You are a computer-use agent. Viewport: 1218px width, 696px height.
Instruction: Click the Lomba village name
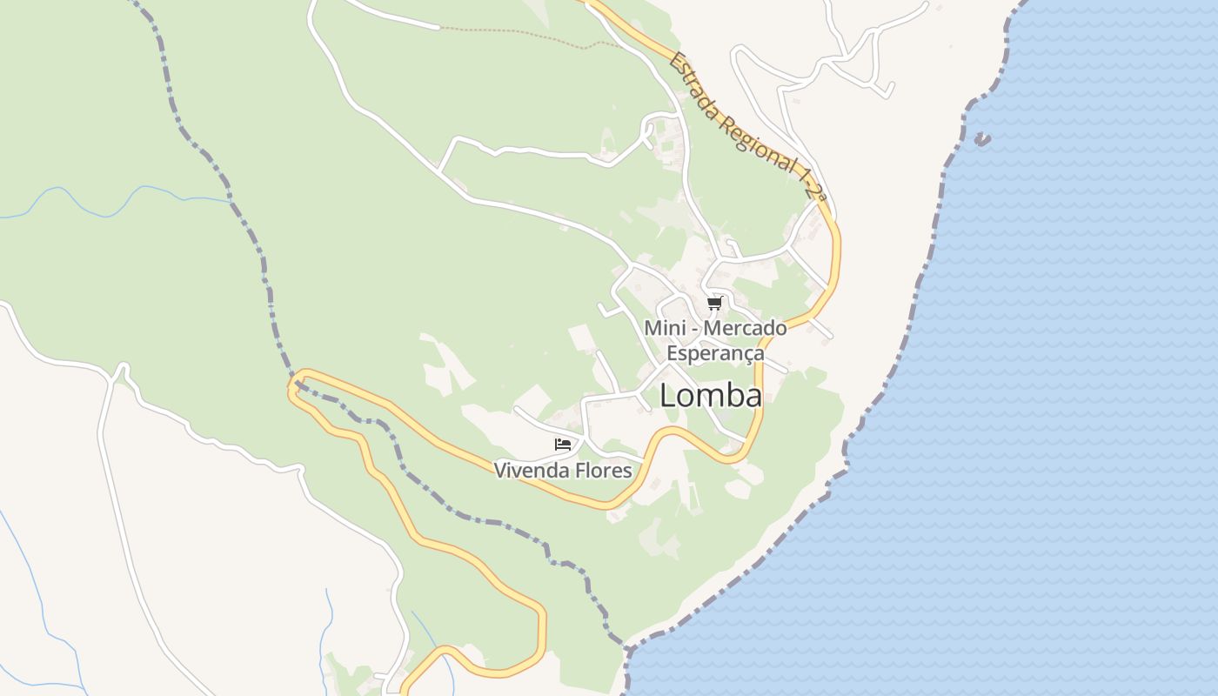click(x=711, y=396)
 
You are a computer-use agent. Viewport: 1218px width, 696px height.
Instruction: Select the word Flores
click(x=600, y=471)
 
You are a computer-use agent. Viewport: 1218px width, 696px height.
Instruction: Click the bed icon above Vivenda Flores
click(x=563, y=445)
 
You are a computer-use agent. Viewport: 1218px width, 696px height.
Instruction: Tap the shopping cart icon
click(x=714, y=303)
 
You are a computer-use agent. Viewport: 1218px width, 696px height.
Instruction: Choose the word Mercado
click(x=745, y=329)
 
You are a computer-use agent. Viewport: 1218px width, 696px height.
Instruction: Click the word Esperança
click(x=715, y=353)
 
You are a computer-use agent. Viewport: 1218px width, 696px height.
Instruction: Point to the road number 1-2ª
click(x=811, y=184)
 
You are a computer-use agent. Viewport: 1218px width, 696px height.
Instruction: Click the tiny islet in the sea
click(x=982, y=138)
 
